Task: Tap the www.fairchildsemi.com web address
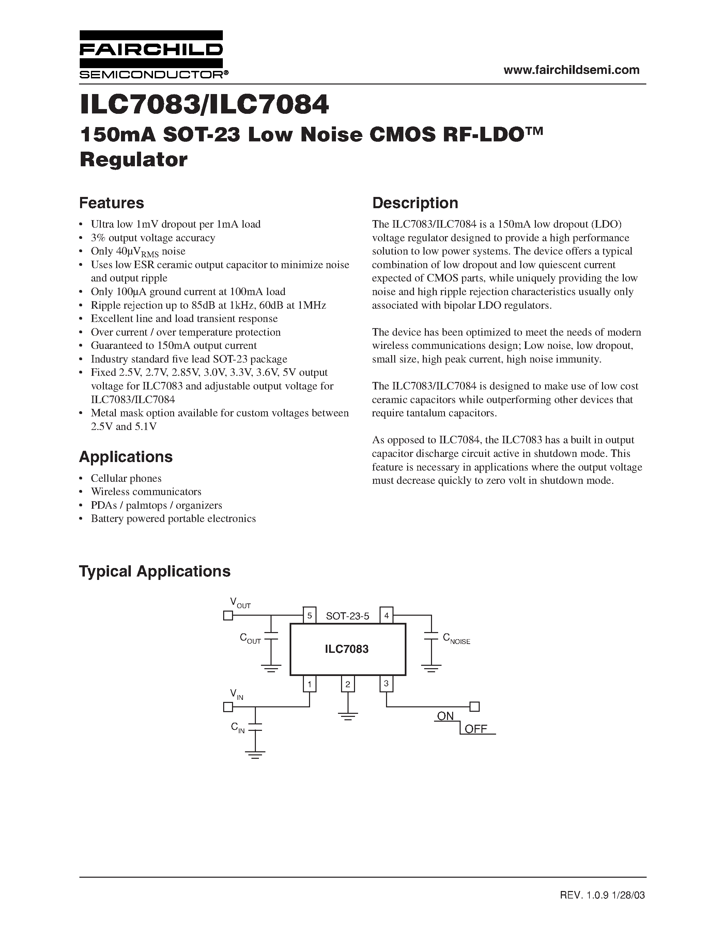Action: pos(571,70)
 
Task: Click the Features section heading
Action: pos(111,203)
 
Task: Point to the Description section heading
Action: pos(415,203)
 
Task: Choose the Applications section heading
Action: pos(126,457)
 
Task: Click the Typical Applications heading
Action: pos(155,571)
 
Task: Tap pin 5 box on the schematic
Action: pos(309,616)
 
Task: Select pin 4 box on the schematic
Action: pos(386,616)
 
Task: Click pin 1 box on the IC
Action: pos(309,684)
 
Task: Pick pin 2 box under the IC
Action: pos(348,684)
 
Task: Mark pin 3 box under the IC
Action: pos(386,684)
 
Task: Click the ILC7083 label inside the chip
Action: pos(346,649)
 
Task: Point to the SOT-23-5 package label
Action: pos(348,616)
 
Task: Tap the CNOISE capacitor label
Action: pos(456,639)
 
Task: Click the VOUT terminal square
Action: pos(228,616)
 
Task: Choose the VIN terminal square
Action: pos(228,707)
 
